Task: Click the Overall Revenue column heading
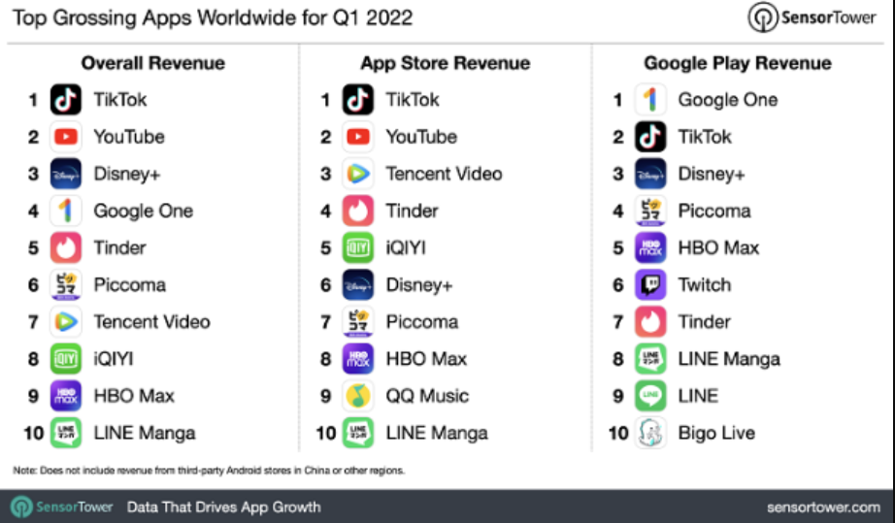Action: [152, 64]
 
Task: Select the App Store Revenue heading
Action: [446, 64]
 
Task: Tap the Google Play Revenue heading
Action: [738, 64]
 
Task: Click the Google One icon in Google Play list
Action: [650, 100]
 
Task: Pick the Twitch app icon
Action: [650, 285]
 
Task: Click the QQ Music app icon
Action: [358, 396]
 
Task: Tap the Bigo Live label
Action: [716, 433]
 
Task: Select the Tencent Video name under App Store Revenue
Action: [444, 175]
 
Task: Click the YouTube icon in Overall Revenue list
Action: [66, 137]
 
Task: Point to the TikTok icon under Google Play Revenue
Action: [650, 137]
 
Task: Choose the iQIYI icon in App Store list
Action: [358, 248]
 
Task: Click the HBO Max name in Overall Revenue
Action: [134, 396]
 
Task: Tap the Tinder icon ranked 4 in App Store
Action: [358, 212]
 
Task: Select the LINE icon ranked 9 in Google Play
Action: [650, 396]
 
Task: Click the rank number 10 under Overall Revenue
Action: [33, 433]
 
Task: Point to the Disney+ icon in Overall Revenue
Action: [66, 175]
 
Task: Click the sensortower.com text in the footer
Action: [823, 507]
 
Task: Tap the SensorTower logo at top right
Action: [812, 17]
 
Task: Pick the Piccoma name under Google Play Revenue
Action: [714, 212]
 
